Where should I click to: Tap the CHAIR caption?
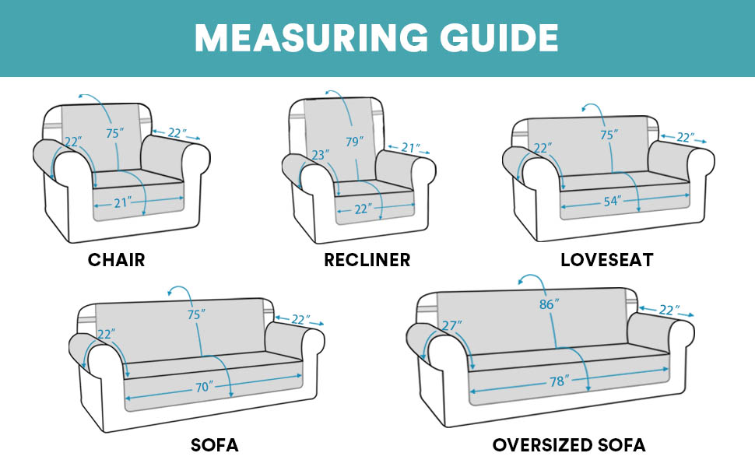[x=116, y=259]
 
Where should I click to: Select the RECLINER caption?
[x=367, y=259]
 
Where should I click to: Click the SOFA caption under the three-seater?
[x=214, y=445]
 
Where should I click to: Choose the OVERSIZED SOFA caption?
[x=568, y=445]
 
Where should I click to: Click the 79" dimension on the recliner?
[x=354, y=142]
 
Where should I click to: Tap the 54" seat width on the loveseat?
[x=611, y=202]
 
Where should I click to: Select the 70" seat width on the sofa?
[x=205, y=386]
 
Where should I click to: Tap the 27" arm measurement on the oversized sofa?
[x=451, y=325]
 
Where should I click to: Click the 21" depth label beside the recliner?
[x=409, y=146]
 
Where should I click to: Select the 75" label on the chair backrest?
[x=114, y=133]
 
